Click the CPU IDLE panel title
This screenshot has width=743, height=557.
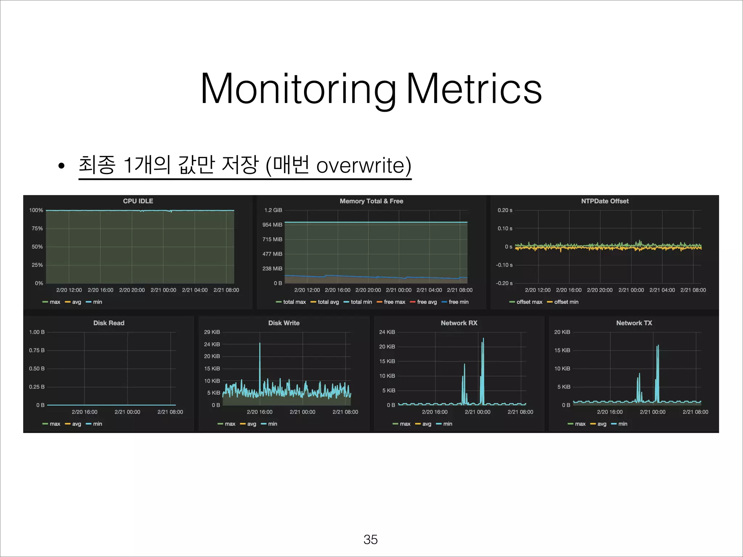click(138, 201)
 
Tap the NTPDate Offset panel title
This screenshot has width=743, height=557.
click(605, 201)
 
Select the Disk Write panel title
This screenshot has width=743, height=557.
click(284, 323)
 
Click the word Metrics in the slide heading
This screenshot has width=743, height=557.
click(473, 89)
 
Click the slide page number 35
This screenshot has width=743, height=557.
click(370, 539)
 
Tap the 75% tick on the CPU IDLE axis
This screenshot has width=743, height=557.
click(37, 228)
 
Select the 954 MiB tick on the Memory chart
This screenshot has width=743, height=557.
click(272, 225)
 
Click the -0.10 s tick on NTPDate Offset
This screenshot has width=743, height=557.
click(504, 265)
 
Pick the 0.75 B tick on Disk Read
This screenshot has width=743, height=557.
click(37, 350)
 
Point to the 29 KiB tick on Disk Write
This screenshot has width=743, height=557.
click(212, 332)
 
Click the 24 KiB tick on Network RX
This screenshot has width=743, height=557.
click(387, 332)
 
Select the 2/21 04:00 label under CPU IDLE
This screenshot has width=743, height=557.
click(195, 290)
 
